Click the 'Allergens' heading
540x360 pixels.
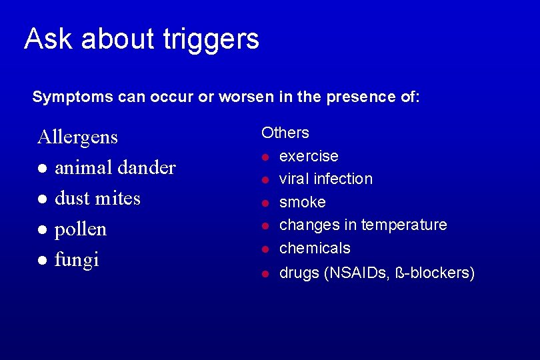coord(77,137)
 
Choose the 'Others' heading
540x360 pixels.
coord(285,133)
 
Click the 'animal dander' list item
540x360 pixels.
coord(115,168)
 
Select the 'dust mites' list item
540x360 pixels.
coord(97,199)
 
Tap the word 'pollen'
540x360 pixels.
coord(80,229)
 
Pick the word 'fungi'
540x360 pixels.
coord(77,259)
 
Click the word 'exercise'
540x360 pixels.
coord(309,156)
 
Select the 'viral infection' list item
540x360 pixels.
coord(325,179)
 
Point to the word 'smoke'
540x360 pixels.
coord(302,202)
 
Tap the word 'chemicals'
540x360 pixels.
coord(314,248)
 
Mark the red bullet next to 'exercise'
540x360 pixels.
coord(265,157)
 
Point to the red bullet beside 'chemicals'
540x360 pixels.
coord(265,249)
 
